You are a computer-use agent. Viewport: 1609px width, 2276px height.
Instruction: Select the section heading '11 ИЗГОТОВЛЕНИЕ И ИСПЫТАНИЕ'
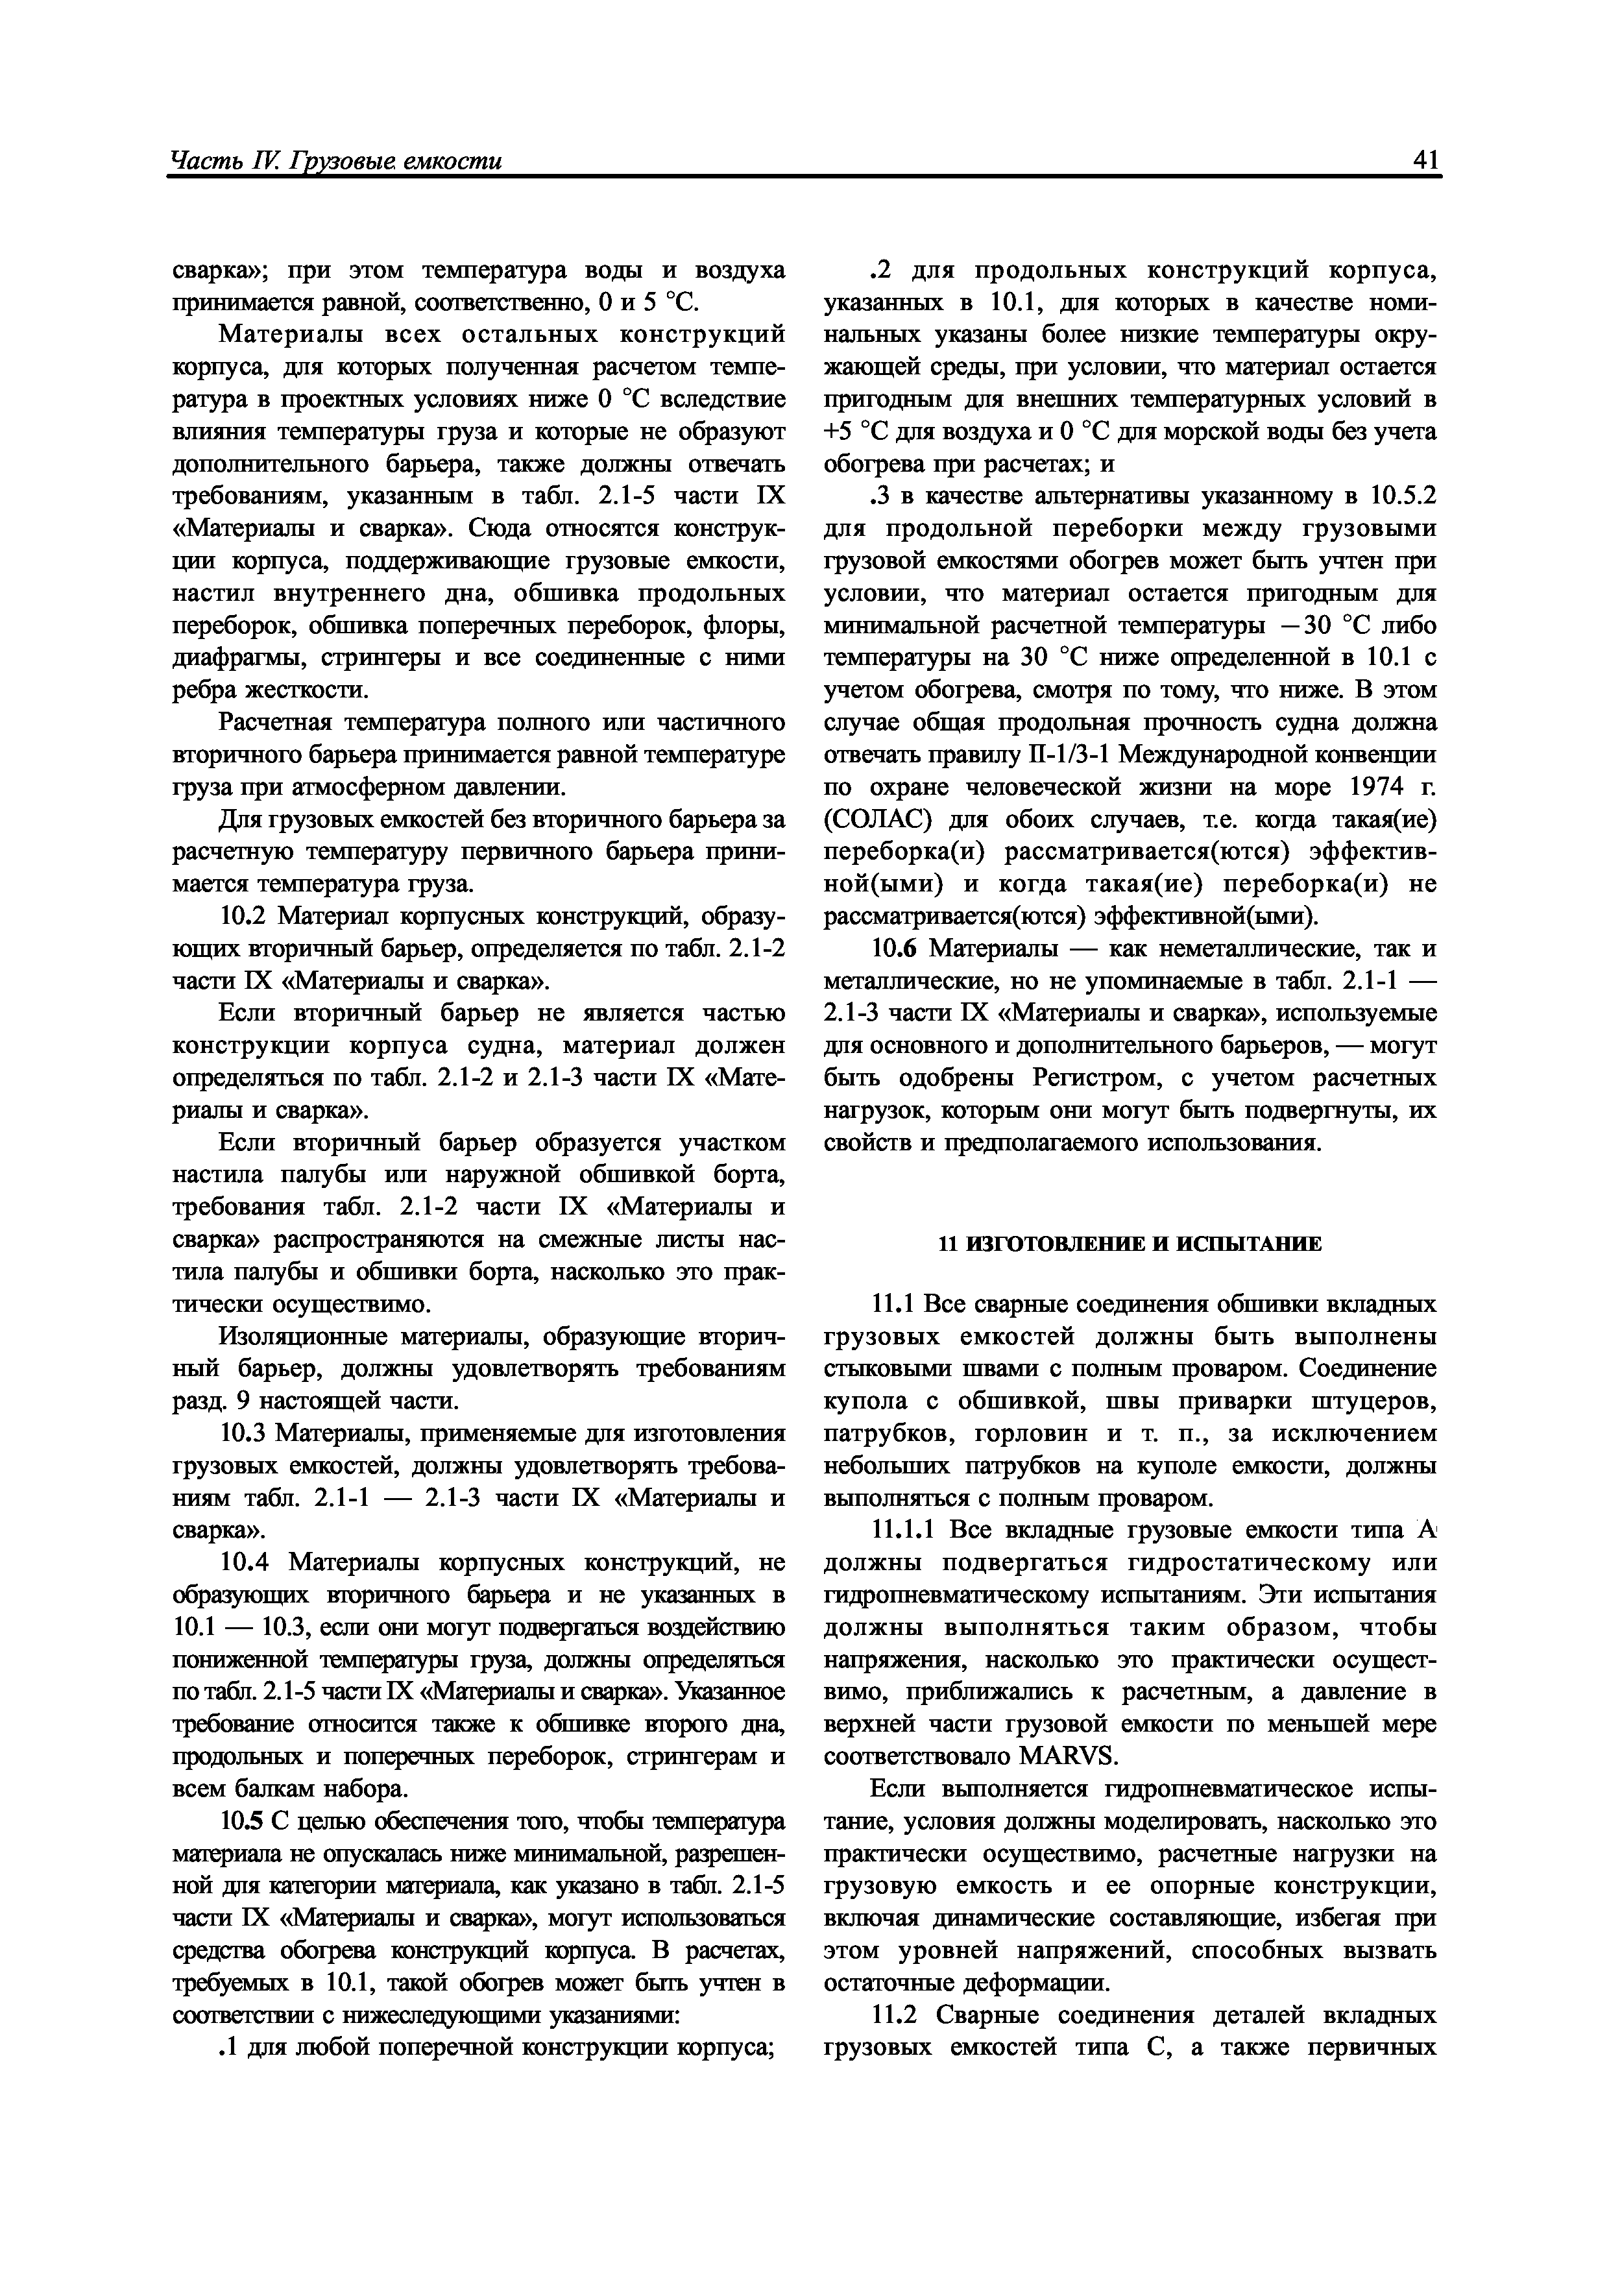(x=1130, y=1244)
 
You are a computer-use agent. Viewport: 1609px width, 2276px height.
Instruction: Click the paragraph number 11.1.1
(x=905, y=1531)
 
